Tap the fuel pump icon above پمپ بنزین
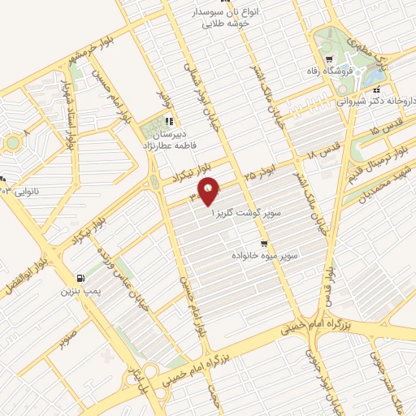79,277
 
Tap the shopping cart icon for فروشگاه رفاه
327,59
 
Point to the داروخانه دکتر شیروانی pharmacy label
375,101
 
